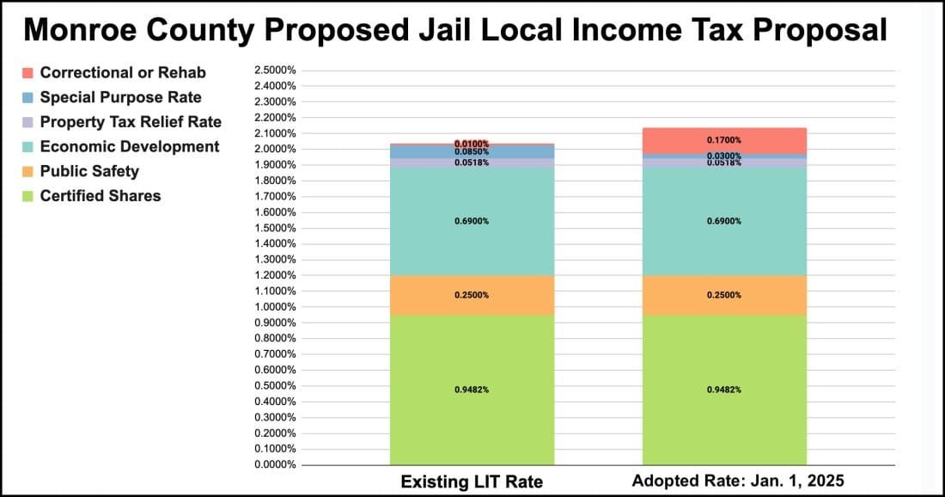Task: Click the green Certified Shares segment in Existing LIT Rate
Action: click(472, 390)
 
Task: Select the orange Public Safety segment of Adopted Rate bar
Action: click(724, 295)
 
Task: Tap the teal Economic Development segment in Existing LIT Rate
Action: click(472, 221)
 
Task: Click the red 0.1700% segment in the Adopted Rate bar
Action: click(724, 139)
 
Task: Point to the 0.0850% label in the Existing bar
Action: click(472, 152)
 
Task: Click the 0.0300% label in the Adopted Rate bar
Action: click(724, 156)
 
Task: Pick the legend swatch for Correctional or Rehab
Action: click(27, 73)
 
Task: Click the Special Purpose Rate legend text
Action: click(120, 97)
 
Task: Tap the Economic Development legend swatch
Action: click(27, 147)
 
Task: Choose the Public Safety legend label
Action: click(89, 171)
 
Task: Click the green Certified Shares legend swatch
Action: click(27, 196)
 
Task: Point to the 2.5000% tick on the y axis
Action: click(276, 71)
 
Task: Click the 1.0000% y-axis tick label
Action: click(276, 307)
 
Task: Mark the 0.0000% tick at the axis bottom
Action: click(276, 465)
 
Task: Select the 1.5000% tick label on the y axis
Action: click(276, 228)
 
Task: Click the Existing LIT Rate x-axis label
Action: click(472, 482)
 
